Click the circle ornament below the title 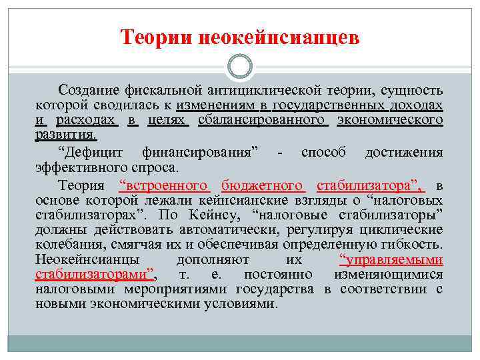point(240,67)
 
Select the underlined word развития point(66,135)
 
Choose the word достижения point(404,151)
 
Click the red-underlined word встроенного point(164,185)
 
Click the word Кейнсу point(223,215)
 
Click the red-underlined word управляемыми point(391,259)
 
